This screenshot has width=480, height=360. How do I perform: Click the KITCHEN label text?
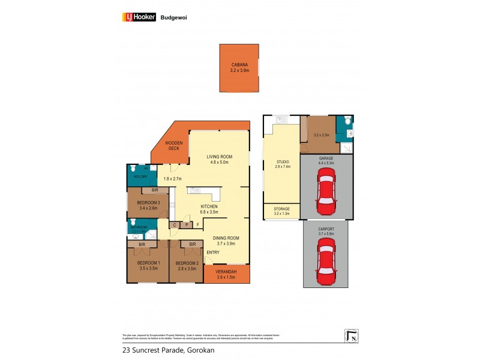coord(209,206)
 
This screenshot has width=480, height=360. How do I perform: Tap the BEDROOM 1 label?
coord(148,263)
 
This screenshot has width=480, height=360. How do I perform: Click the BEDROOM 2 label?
coord(188,263)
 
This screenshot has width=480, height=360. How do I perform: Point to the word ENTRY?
coord(212,252)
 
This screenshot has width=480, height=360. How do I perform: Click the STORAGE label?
coord(281,209)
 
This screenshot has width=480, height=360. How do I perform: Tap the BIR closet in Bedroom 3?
coord(155,190)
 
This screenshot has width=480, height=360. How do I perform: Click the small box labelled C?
coord(174,225)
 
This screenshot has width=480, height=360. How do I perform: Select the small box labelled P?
coord(187,225)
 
